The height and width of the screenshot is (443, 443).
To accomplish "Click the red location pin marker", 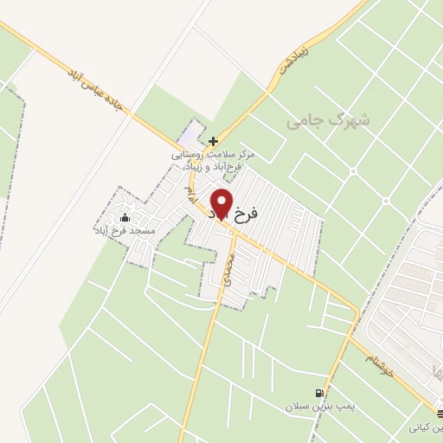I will click(221, 204).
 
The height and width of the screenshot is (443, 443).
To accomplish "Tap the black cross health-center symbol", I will click(213, 140).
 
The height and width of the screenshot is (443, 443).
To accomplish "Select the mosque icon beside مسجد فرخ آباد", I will click(126, 218).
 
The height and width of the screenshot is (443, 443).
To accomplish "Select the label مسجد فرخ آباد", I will click(126, 231).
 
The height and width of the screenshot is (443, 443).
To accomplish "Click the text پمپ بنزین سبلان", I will click(321, 405).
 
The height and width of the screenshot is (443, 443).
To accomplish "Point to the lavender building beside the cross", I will click(187, 137).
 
